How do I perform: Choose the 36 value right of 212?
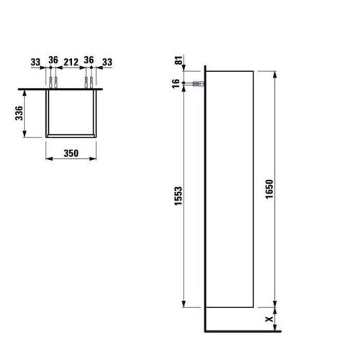coord(89,60)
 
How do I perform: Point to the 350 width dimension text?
coord(70,153)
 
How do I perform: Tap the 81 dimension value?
coord(179,60)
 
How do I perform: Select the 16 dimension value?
coord(179,84)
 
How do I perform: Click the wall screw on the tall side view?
coord(194,84)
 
